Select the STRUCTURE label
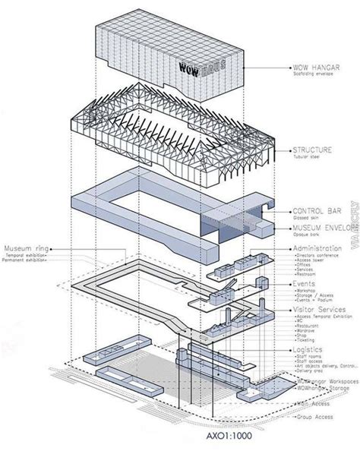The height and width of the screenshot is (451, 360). (x=315, y=150)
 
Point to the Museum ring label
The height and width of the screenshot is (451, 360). (x=27, y=248)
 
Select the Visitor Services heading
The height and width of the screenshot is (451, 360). (x=319, y=310)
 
